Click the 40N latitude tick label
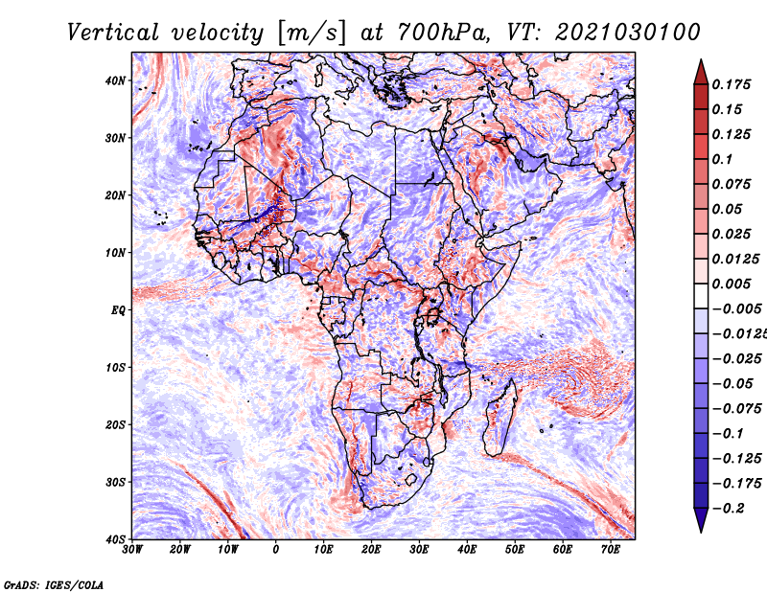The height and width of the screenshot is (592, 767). (x=115, y=80)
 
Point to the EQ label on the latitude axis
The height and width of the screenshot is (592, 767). (x=118, y=310)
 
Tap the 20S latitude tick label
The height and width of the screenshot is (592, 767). (x=115, y=424)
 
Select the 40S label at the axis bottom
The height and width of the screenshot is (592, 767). (x=115, y=539)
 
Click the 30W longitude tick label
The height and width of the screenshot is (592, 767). (x=132, y=550)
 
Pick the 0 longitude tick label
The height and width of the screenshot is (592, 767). (x=276, y=550)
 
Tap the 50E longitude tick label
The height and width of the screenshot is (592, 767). (x=515, y=550)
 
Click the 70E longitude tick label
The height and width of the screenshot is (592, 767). (x=610, y=550)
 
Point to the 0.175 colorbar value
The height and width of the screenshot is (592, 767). (x=731, y=85)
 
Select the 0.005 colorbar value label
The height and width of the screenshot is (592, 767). (x=731, y=284)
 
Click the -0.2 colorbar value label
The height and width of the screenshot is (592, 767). (x=729, y=509)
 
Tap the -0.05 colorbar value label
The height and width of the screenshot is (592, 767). (x=732, y=384)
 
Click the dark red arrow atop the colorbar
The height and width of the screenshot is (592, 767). (x=701, y=73)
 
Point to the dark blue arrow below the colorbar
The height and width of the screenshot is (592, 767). (x=701, y=520)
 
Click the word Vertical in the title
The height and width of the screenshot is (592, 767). (x=113, y=33)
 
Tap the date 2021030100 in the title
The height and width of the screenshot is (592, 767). (x=628, y=33)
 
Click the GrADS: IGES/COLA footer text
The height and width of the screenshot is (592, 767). (x=54, y=584)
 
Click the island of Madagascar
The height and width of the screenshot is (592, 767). (x=500, y=418)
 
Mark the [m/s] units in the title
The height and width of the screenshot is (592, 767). (x=311, y=34)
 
